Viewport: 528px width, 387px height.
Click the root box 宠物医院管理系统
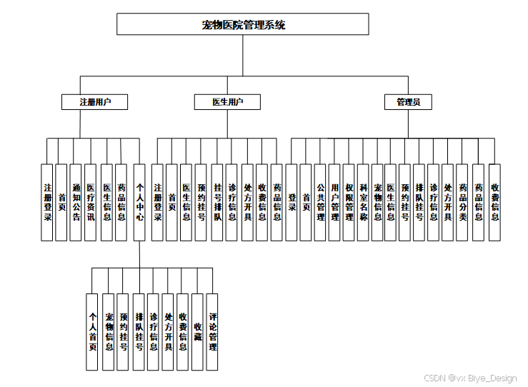[x=243, y=25]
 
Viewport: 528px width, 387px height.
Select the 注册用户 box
[x=94, y=102]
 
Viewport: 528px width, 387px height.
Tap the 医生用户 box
[x=228, y=102]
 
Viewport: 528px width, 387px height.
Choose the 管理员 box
[x=408, y=102]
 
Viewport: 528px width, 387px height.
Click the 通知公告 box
[x=76, y=202]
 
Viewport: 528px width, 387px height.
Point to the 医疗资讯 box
[x=90, y=202]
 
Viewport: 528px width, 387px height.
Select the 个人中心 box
[x=139, y=202]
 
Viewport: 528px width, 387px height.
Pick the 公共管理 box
[x=320, y=202]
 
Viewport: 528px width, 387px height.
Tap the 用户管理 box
[x=334, y=202]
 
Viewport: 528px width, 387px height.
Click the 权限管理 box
[x=349, y=202]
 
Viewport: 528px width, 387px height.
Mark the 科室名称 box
[x=364, y=202]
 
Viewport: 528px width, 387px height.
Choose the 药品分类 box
[x=463, y=202]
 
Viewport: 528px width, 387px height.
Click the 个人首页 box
[x=91, y=331]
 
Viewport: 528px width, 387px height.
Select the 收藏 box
[x=197, y=331]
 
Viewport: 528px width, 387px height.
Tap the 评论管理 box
[x=212, y=331]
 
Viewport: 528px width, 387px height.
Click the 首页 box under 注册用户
[x=62, y=202]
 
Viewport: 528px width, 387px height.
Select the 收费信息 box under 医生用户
[x=261, y=202]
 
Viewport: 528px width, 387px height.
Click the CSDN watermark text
[x=469, y=378]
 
